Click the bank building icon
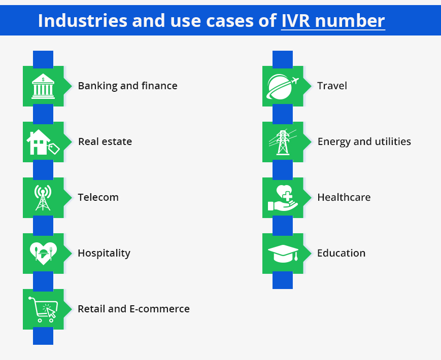(43, 86)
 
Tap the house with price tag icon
(43, 142)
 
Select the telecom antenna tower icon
(43, 198)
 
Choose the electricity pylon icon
(283, 142)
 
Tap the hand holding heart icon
(283, 198)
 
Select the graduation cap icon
(283, 254)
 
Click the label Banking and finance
(127, 86)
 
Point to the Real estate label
(105, 141)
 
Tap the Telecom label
(98, 197)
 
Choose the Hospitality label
(104, 253)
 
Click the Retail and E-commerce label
(133, 309)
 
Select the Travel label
(332, 86)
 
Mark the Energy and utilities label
(364, 141)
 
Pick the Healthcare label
(344, 197)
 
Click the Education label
(341, 253)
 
